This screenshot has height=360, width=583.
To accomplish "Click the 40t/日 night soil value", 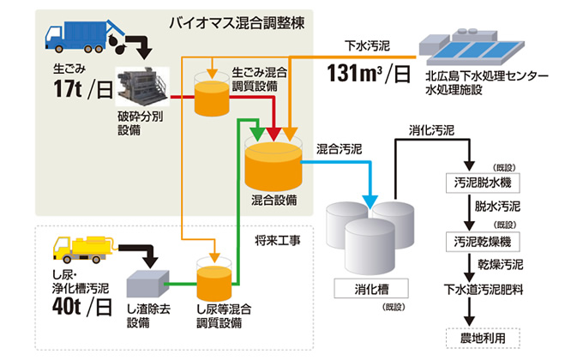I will click(81, 303).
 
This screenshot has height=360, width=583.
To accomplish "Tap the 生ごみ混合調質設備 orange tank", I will click(212, 97).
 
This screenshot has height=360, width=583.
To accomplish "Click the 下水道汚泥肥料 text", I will click(484, 288).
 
